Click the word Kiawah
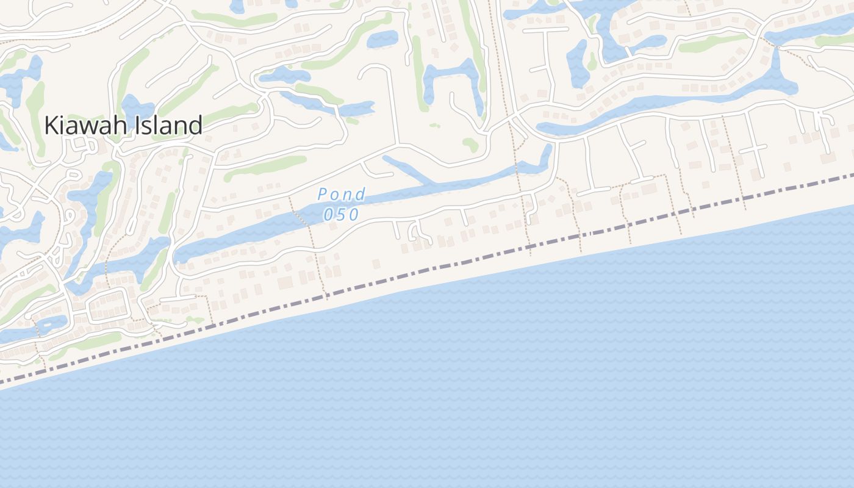(85, 126)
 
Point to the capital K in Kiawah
(50, 126)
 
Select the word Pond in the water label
(342, 195)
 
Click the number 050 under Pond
(342, 215)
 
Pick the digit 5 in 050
(342, 215)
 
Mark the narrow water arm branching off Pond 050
(409, 170)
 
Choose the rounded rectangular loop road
(109, 305)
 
